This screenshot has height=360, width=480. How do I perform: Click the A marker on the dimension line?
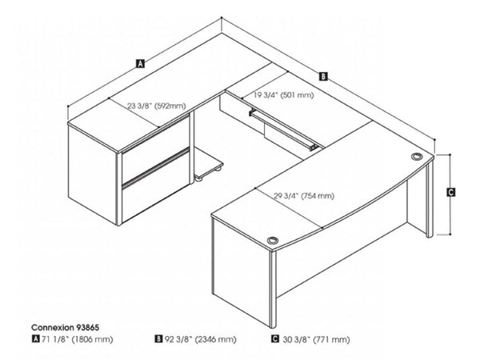tap(140, 62)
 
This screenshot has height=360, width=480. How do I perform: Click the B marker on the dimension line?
tap(323, 77)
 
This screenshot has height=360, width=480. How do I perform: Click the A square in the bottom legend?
tap(34, 340)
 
